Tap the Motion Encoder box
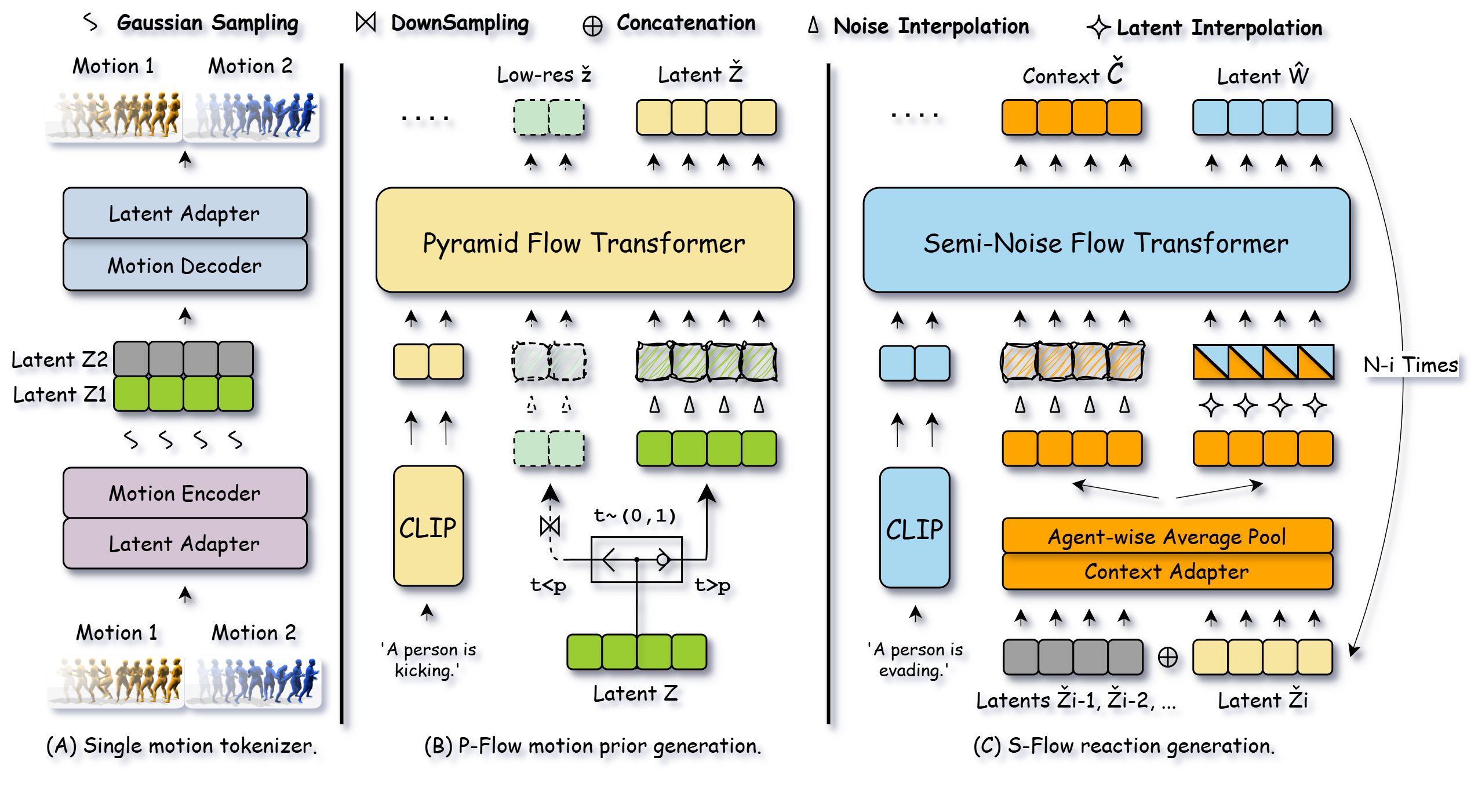[185, 493]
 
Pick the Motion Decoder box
[185, 265]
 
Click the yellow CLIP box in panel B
[428, 527]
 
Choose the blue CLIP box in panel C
[914, 528]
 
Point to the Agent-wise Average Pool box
[1167, 537]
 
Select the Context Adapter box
[1167, 572]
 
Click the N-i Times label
[1410, 365]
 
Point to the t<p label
[548, 585]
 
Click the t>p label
[712, 585]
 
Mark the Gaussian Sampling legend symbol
[90, 23]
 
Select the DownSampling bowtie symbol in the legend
[366, 23]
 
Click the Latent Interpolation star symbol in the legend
[1098, 27]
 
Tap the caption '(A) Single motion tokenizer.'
[181, 746]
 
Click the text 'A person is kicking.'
[428, 660]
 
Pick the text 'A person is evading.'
[915, 660]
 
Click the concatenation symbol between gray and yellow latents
[1167, 657]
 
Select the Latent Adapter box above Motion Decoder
[185, 213]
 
